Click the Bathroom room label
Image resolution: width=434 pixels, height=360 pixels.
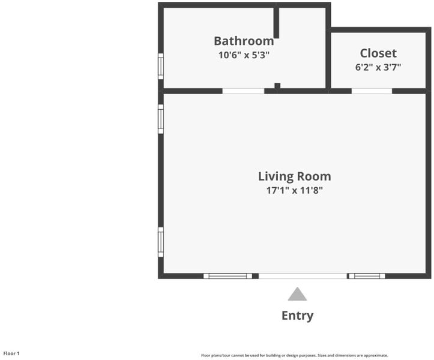[x=244, y=41]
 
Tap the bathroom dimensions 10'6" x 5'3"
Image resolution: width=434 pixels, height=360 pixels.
[x=244, y=55]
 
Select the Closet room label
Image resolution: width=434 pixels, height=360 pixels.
[x=378, y=53]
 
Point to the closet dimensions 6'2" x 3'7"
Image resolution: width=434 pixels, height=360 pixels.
[x=378, y=67]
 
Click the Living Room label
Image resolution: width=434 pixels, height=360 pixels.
[x=295, y=176]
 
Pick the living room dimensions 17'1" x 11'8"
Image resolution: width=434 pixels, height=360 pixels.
[x=295, y=190]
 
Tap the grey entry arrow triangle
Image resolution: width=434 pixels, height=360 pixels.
[x=297, y=294]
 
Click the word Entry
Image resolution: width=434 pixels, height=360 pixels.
[x=297, y=316]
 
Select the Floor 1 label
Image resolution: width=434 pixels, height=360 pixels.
[x=11, y=353]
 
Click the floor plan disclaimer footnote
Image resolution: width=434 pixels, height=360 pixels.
[x=295, y=355]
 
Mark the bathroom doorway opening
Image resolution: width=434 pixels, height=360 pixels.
[x=243, y=91]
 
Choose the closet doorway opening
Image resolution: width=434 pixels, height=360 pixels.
[x=372, y=91]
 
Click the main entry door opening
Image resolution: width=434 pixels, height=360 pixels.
[x=303, y=276]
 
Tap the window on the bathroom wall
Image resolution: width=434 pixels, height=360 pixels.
[x=161, y=67]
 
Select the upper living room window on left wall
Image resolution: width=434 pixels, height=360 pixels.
[x=161, y=119]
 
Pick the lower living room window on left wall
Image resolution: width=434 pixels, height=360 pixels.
[x=161, y=242]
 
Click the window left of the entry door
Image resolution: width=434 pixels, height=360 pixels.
[x=228, y=276]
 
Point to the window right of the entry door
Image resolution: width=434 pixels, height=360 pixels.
[x=367, y=276]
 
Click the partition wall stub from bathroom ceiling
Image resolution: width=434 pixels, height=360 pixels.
[x=276, y=21]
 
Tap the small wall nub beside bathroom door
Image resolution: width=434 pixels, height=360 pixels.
[x=277, y=86]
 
